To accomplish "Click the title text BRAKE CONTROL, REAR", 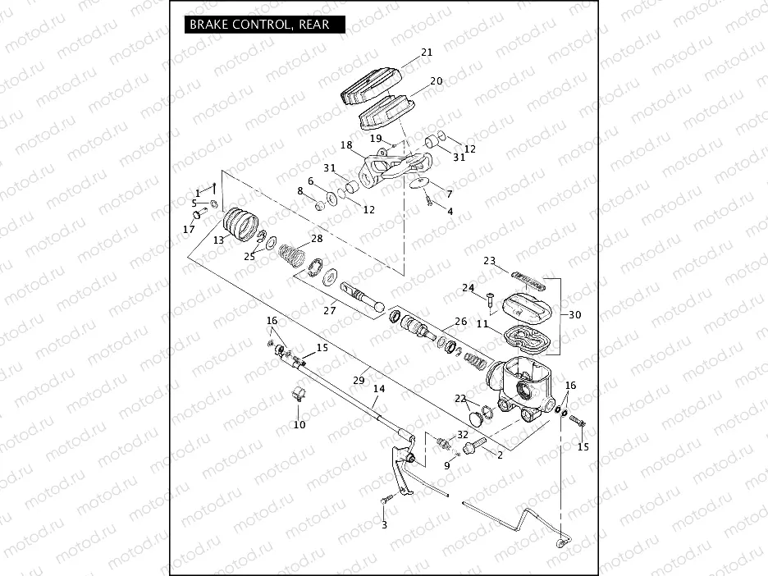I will pos(259,25).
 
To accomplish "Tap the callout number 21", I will pos(427,53).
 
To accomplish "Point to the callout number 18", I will pos(346,144).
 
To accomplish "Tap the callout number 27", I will pos(330,310).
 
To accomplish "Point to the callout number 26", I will pos(460,322).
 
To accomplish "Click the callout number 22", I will pos(460,398).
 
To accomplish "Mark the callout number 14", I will pos(378,389).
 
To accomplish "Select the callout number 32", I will pos(463,434).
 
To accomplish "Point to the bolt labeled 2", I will pos(474,448).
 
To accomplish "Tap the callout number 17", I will pos(189,230).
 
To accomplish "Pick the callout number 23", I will pos(489,261).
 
